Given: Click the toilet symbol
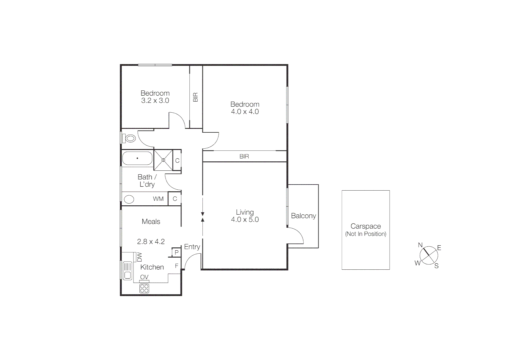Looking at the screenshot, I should click(129, 138).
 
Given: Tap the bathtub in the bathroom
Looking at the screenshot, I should click(137, 158).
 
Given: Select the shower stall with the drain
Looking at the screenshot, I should click(163, 160).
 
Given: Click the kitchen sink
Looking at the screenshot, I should click(127, 270).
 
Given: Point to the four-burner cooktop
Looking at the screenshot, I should click(144, 288).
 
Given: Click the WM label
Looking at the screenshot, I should click(158, 199).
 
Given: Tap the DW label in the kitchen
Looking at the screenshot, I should click(139, 257).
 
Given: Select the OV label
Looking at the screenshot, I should click(144, 277).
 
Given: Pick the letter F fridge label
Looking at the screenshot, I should click(177, 266).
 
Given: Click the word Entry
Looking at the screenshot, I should click(192, 247).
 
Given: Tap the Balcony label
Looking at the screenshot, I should click(303, 216).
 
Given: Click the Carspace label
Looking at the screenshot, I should click(366, 226).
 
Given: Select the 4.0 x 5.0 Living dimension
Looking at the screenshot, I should click(245, 220).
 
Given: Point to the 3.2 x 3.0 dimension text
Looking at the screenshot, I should click(155, 101).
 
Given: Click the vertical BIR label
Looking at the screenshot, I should click(196, 97).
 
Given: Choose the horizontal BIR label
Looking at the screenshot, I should click(244, 156).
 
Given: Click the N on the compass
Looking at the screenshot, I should click(420, 245).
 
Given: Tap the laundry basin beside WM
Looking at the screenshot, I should click(129, 199).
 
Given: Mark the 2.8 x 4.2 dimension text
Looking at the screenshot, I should click(151, 242).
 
